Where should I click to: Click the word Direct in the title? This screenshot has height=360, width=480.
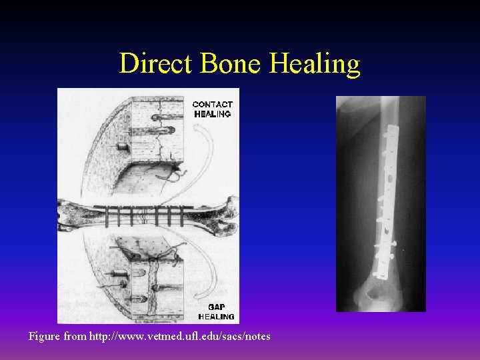coord(154,64)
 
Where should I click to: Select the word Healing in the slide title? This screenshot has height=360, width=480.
coord(315,64)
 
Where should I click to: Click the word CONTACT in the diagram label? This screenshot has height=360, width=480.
coord(213,104)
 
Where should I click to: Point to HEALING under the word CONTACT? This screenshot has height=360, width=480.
coord(213,114)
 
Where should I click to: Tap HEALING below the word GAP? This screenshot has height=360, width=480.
coord(216,316)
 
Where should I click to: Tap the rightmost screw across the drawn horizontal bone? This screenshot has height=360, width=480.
coord(180,216)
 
